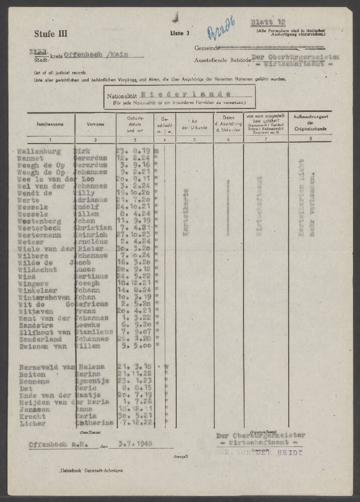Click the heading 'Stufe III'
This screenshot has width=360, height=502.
(x=51, y=34)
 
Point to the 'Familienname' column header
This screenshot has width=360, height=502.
(x=49, y=124)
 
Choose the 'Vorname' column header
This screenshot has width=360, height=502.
(x=95, y=124)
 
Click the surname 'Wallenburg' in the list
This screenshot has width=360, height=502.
(x=39, y=151)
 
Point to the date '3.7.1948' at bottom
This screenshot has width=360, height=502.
(x=136, y=444)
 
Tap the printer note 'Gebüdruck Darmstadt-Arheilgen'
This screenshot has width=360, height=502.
(x=91, y=470)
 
